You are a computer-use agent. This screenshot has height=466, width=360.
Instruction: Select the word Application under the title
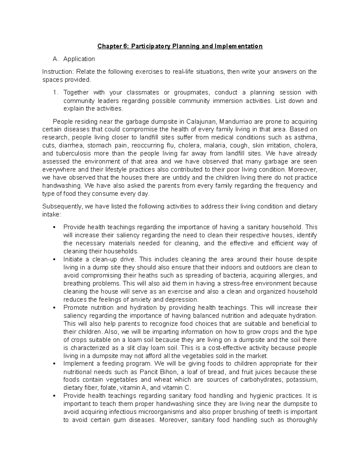79,59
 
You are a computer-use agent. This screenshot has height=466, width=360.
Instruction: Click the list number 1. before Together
55,92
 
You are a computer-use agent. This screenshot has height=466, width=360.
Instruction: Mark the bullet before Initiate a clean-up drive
54,259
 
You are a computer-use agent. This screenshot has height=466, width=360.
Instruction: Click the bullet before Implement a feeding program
54,364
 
